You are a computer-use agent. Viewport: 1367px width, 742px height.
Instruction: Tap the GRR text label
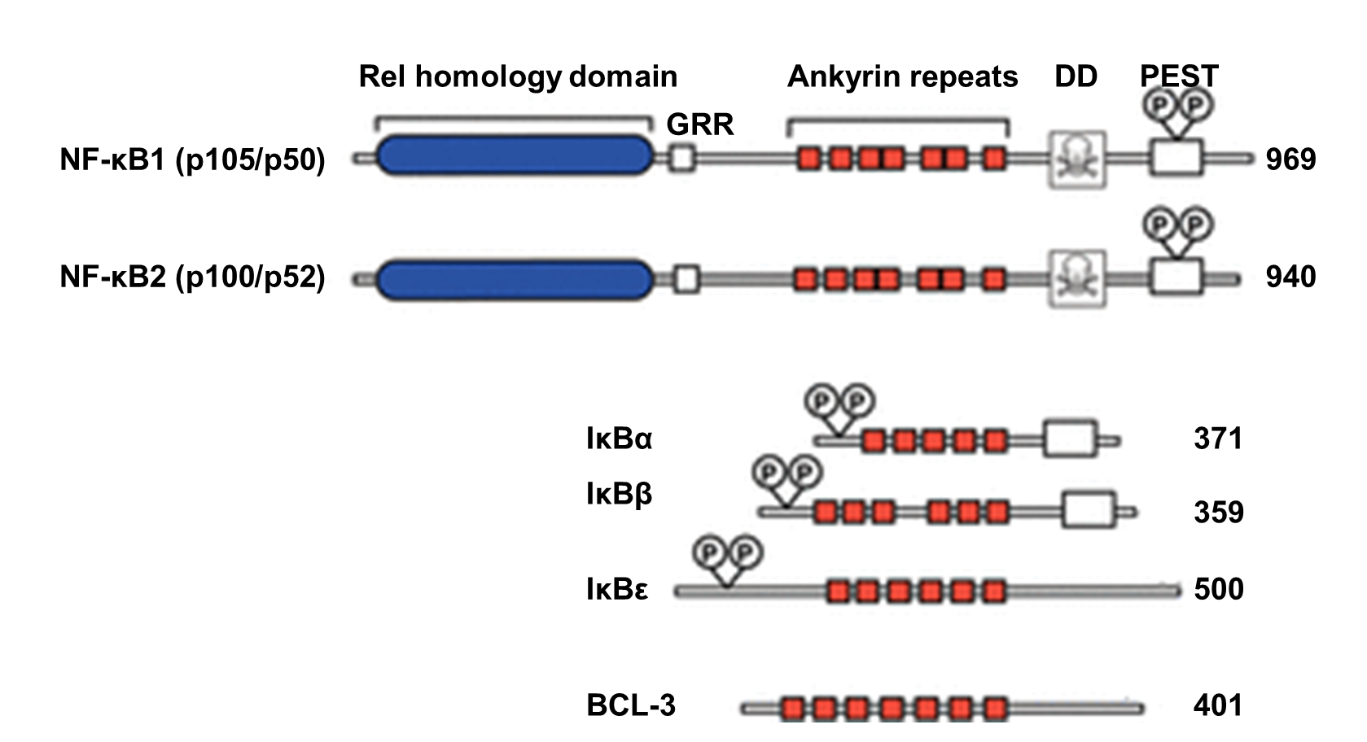point(700,124)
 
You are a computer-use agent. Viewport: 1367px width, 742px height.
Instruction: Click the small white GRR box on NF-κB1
point(682,158)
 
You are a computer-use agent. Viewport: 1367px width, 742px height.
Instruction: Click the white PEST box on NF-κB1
point(1176,158)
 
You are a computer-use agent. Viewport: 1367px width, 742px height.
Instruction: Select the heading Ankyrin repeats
point(902,76)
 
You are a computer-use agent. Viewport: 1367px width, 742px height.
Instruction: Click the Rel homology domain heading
point(518,76)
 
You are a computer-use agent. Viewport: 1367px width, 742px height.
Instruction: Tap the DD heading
point(1076,76)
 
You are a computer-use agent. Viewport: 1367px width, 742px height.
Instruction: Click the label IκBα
point(619,439)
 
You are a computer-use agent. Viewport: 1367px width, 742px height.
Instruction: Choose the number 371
point(1218,439)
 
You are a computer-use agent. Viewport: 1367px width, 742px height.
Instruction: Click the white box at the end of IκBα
point(1070,439)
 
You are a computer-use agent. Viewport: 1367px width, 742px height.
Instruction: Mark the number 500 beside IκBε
point(1218,589)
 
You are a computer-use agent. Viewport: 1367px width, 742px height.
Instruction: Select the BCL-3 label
point(631,705)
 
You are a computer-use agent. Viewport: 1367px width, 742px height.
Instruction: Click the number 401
point(1218,705)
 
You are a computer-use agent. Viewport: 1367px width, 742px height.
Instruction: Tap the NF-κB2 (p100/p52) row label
point(192,278)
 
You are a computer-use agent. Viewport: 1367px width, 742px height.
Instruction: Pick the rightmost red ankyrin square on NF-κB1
point(993,158)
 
